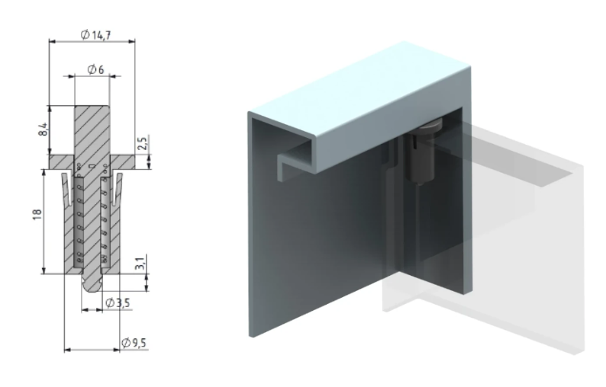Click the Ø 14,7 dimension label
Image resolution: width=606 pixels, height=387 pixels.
click(96, 35)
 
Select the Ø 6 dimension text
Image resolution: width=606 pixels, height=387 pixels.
click(96, 69)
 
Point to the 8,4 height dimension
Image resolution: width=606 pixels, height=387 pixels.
click(44, 129)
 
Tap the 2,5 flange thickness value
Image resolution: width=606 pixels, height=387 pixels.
click(142, 144)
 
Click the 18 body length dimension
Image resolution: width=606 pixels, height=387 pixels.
click(37, 215)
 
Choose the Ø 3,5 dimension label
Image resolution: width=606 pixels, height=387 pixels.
click(118, 303)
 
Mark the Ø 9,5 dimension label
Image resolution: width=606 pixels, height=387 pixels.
click(134, 343)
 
